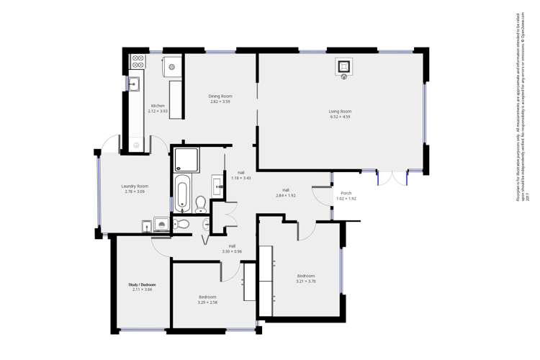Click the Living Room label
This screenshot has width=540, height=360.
pos(340,111)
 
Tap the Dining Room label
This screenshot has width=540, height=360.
pos(220,96)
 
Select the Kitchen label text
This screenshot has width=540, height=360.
pos(158,106)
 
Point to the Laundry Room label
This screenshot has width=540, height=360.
pos(135,186)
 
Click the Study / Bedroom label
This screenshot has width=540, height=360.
pos(142,284)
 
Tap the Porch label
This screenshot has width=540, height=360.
pos(346,193)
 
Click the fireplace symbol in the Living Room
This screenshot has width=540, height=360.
pos(344,67)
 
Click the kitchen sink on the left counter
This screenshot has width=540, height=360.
pos(134,84)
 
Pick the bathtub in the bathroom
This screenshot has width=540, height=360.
pos(182,194)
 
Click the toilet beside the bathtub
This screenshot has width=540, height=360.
pos(201,202)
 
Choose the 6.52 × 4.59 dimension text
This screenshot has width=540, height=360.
pos(340,117)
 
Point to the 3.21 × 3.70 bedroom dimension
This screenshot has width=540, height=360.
pos(306,282)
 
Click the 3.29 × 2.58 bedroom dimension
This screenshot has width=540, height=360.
pos(207,302)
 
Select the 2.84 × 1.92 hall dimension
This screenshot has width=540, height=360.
pos(286,195)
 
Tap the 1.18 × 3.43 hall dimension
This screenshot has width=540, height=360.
pos(241,178)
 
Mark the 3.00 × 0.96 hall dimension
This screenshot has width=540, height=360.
pos(232,251)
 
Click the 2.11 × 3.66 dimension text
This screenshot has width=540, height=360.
pos(142,289)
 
